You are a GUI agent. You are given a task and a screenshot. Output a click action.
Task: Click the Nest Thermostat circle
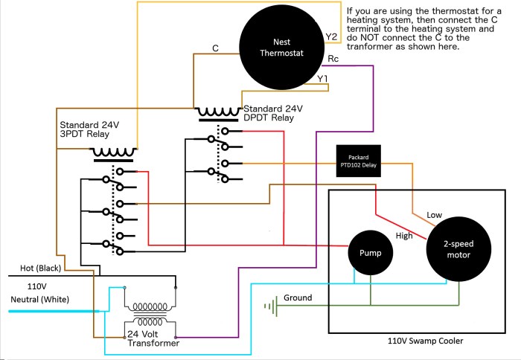coord(283,46)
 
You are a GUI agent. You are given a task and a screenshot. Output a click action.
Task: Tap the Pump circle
coord(371,253)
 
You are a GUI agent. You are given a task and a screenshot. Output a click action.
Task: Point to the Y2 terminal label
coord(332,36)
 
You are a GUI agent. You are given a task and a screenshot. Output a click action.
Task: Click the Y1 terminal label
coord(322,78)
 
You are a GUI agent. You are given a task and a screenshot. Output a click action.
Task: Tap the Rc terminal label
coord(334,57)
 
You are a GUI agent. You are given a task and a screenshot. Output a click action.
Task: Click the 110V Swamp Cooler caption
coord(425,341)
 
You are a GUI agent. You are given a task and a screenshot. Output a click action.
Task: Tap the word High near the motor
coord(404,236)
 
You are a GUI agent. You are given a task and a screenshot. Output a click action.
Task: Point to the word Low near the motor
coord(435,215)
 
